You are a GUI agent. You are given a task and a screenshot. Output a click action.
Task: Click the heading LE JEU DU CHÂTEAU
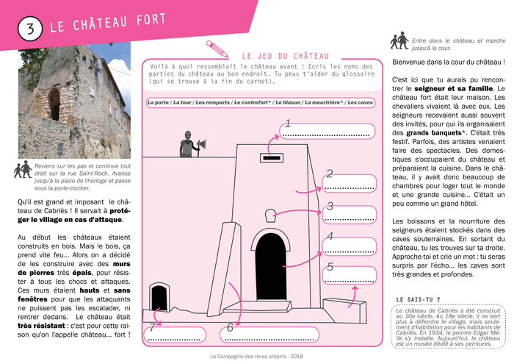[286, 56]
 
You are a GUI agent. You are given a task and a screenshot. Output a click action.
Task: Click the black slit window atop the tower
[270, 157]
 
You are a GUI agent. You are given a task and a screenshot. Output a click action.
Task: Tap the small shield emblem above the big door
[268, 218]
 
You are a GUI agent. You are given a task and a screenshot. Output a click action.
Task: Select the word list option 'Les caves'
[361, 103]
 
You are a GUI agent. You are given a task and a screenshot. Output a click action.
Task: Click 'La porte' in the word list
[158, 103]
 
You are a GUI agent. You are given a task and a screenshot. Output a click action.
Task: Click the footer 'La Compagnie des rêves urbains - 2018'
[256, 356]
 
